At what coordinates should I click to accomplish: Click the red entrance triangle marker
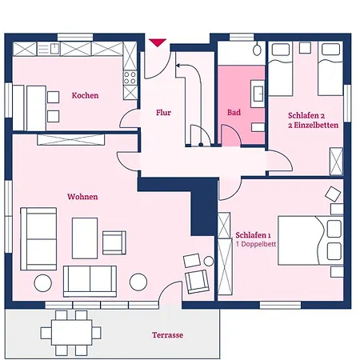pyautogui.click(x=158, y=42)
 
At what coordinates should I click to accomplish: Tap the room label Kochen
pyautogui.click(x=85, y=95)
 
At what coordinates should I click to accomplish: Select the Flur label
pyautogui.click(x=163, y=113)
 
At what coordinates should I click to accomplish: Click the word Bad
pyautogui.click(x=234, y=113)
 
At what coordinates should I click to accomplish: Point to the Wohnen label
pyautogui.click(x=82, y=197)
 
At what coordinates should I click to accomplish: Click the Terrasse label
pyautogui.click(x=167, y=335)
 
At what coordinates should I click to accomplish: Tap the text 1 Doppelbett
pyautogui.click(x=256, y=244)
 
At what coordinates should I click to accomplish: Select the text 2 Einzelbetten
pyautogui.click(x=313, y=125)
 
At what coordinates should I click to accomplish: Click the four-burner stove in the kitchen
pyautogui.click(x=130, y=78)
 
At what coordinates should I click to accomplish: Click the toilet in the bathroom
pyautogui.click(x=257, y=49)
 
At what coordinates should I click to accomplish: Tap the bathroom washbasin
pyautogui.click(x=258, y=94)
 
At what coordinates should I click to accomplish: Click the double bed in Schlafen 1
pyautogui.click(x=310, y=241)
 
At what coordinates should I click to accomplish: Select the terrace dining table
pyautogui.click(x=71, y=333)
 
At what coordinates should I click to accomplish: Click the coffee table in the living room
pyautogui.click(x=85, y=238)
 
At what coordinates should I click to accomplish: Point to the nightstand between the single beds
pyautogui.click(x=305, y=48)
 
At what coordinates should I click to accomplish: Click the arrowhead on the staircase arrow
pyautogui.click(x=178, y=65)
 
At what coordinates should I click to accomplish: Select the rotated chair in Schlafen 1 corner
pyautogui.click(x=333, y=194)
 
